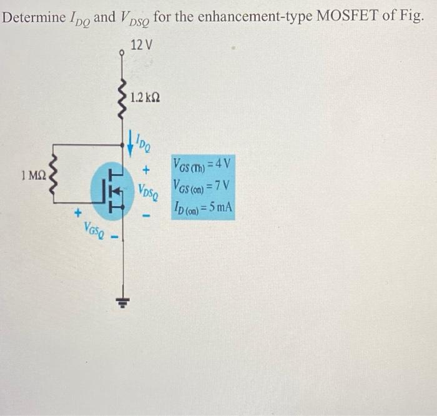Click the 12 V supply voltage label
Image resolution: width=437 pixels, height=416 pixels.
click(x=142, y=44)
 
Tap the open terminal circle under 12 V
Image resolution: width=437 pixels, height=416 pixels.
click(x=122, y=52)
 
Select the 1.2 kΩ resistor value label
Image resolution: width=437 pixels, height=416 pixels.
click(x=145, y=97)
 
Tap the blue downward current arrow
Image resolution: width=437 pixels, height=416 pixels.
click(x=130, y=142)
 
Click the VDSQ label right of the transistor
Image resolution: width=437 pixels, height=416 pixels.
click(x=149, y=192)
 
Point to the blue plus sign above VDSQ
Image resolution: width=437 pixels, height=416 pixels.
click(x=146, y=169)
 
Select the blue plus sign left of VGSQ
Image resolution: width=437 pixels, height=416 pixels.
click(x=78, y=213)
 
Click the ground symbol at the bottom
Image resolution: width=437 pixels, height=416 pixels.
click(x=122, y=302)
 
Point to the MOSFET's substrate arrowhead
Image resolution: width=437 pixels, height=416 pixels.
click(x=117, y=190)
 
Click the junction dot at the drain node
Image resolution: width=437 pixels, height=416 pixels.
click(x=122, y=145)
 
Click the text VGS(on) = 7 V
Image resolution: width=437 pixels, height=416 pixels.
click(x=202, y=186)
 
